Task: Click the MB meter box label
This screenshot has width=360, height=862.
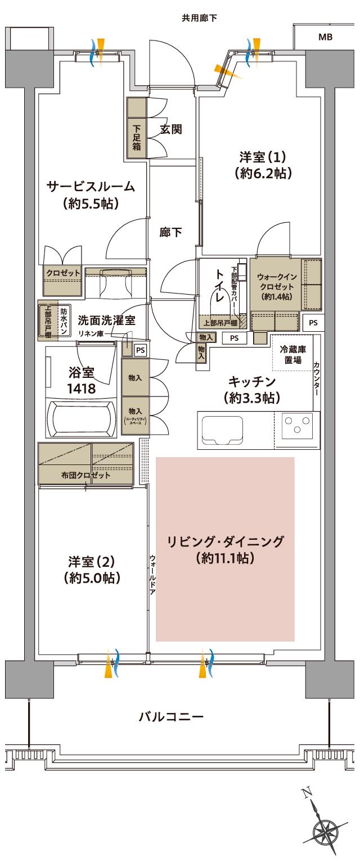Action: coord(325,37)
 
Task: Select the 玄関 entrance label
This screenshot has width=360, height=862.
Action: coord(170,129)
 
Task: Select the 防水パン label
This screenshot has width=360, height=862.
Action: coord(64,321)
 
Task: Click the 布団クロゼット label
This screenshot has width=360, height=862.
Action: coord(86,475)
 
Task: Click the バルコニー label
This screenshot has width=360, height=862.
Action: coord(171,716)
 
